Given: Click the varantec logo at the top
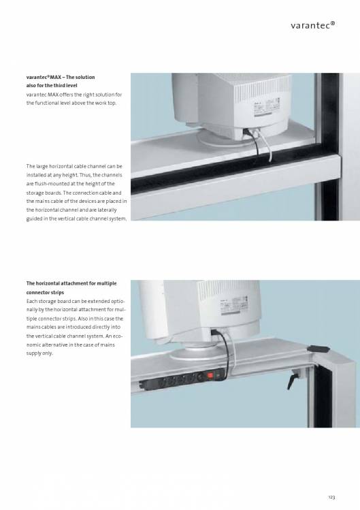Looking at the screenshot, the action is (x=312, y=25).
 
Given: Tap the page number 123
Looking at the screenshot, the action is (x=331, y=497).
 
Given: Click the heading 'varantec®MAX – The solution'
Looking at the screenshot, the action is (x=61, y=77).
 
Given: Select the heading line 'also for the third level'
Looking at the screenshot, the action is (x=52, y=86).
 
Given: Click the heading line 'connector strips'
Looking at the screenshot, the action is (x=45, y=292).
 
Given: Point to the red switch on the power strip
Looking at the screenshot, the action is (x=210, y=376).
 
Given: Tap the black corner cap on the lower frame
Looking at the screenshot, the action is (x=318, y=349).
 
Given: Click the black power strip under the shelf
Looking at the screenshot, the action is (x=183, y=379).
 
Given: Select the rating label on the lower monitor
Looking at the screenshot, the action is (x=234, y=305).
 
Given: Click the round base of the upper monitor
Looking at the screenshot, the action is (x=225, y=139).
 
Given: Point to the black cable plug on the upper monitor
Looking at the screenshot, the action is (x=247, y=132).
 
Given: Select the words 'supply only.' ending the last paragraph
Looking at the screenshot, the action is (x=39, y=353).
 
